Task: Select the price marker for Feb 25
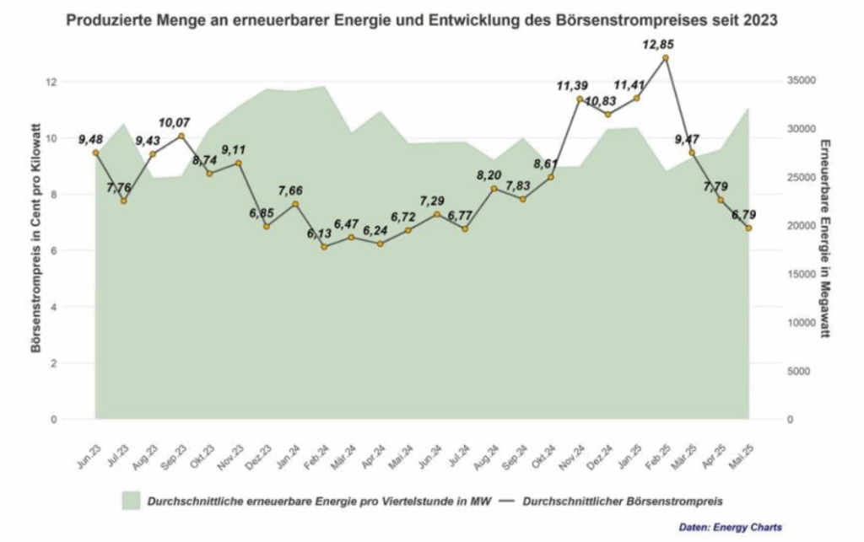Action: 666,57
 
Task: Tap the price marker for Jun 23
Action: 95,153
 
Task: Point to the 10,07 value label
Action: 175,122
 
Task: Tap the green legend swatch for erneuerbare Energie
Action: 131,501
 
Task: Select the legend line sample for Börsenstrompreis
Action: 505,501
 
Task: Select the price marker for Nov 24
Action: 580,99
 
